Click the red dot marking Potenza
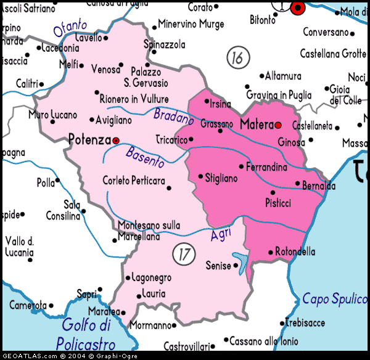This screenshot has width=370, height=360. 115,141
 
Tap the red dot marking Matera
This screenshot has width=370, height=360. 278,125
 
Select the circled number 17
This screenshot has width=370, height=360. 182,253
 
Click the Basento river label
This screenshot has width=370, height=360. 146,157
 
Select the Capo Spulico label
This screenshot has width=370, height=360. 334,299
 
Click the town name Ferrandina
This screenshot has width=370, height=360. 266,167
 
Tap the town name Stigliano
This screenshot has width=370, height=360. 221,178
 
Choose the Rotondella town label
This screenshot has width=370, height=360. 295,252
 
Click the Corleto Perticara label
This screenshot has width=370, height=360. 134,181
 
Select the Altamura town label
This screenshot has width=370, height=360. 283,76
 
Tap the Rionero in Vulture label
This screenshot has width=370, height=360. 134,99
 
